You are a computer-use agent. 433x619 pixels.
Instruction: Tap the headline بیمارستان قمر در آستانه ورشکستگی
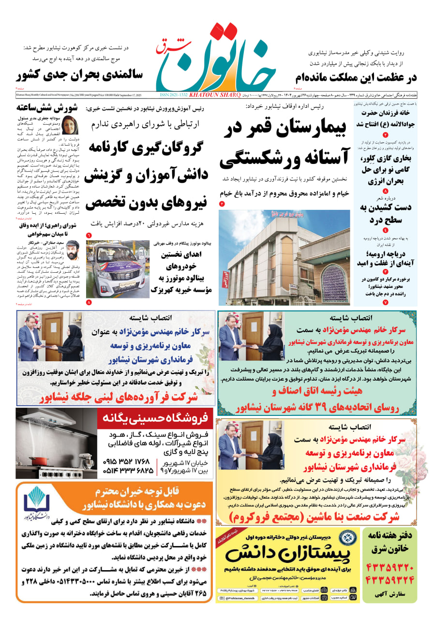[283, 144]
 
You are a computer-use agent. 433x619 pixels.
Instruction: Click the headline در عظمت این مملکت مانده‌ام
[356, 78]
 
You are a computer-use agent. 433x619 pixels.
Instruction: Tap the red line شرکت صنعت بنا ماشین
[314, 517]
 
